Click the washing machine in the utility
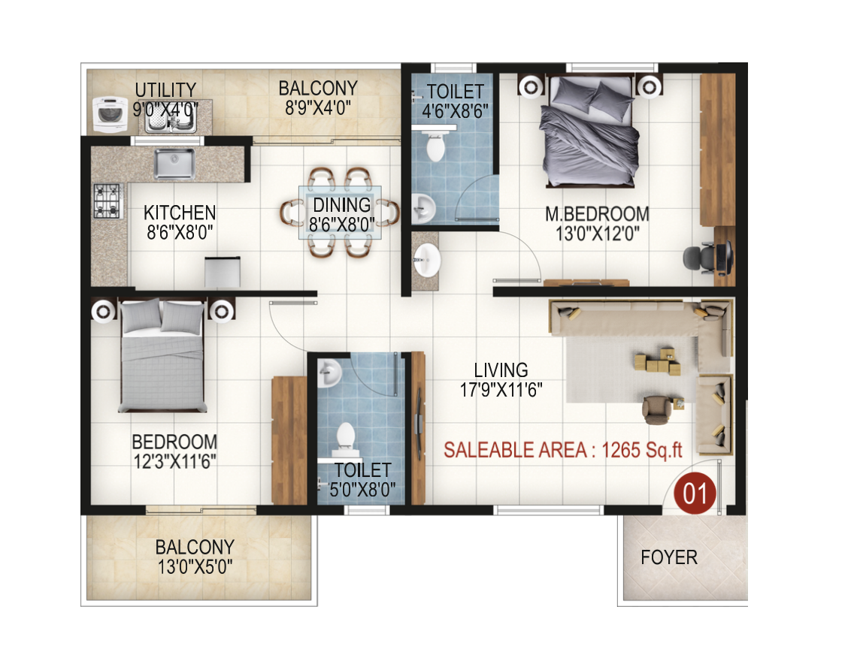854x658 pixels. [110, 114]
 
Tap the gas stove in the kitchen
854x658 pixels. [107, 201]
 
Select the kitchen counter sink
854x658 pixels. [174, 163]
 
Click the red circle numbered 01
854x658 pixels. [695, 493]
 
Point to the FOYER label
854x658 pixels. [669, 557]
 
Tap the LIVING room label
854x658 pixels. [501, 370]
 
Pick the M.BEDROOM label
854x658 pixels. [597, 214]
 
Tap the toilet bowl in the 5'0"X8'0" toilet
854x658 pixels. [346, 439]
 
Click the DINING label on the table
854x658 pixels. [342, 205]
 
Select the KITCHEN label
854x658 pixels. [180, 213]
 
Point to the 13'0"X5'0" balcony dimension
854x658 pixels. [195, 567]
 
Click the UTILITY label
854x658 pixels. [165, 90]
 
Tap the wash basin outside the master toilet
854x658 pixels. [426, 260]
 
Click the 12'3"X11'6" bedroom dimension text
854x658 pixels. [175, 462]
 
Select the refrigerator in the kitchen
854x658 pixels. [223, 272]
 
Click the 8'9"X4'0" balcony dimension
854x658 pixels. [318, 107]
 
